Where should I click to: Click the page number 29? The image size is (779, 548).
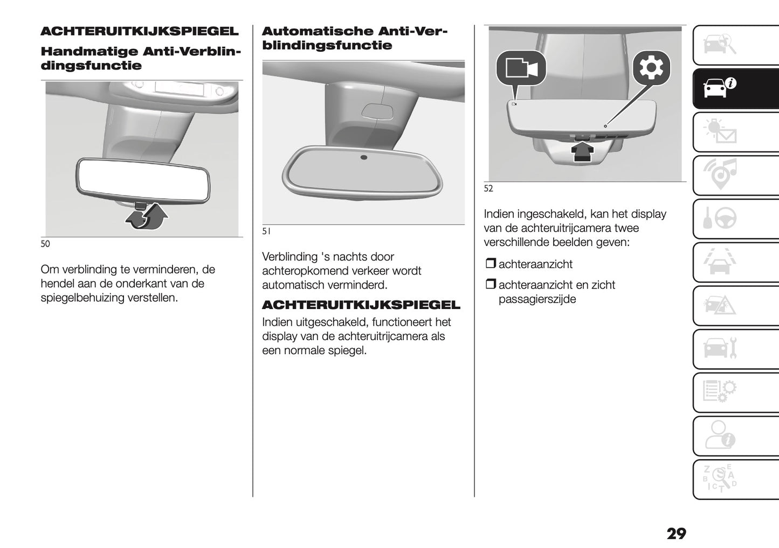pyautogui.click(x=676, y=533)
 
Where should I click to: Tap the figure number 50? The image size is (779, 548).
pyautogui.click(x=45, y=244)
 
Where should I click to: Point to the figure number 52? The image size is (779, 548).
pyautogui.click(x=488, y=188)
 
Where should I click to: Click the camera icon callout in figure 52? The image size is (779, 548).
pyautogui.click(x=521, y=68)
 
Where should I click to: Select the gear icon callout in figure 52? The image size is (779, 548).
pyautogui.click(x=651, y=68)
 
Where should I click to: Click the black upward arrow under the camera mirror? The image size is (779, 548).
pyautogui.click(x=582, y=151)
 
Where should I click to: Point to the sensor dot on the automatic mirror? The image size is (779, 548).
pyautogui.click(x=364, y=157)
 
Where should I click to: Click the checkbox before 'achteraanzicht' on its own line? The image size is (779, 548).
pyautogui.click(x=490, y=264)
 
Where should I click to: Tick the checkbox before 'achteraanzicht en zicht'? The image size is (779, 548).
pyautogui.click(x=490, y=284)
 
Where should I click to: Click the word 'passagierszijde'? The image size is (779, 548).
pyautogui.click(x=537, y=299)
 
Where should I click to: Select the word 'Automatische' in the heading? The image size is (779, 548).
pyautogui.click(x=318, y=31)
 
